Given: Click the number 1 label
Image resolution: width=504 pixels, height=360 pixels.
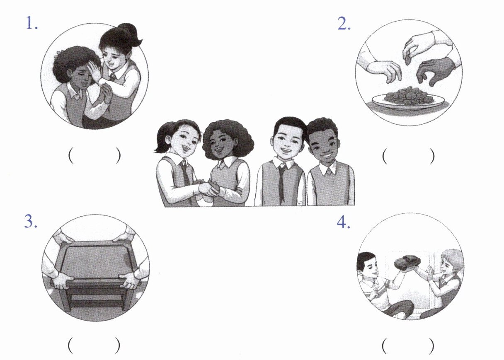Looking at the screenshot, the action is pos(32,23).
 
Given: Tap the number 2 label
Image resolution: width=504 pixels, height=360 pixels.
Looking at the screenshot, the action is pos(344,23).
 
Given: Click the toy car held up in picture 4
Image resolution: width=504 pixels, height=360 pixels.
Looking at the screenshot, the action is pos(407,263).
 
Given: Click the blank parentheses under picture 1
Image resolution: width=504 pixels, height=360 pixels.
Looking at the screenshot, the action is pos(94,156).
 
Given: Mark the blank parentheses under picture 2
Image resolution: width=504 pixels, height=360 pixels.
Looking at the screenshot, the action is pos(408,156).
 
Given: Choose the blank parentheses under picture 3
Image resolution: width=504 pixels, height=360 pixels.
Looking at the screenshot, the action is pos(94,345).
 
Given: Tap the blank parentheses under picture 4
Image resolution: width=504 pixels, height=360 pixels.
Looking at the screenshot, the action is pos(408,346).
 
